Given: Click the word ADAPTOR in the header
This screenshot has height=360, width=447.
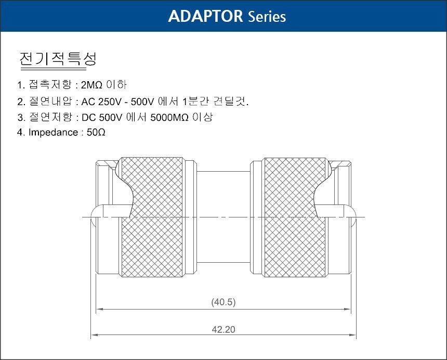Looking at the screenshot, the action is coord(205,16).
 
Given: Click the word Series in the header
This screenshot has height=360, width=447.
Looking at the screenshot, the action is coord(267,17).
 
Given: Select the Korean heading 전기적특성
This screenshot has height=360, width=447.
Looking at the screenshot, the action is coord(58,59).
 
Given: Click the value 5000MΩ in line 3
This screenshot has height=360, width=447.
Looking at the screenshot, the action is coord(169,117).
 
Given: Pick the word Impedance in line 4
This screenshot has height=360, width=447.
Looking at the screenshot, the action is coord(54,133).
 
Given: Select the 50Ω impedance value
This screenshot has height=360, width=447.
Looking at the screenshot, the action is coord(96,132).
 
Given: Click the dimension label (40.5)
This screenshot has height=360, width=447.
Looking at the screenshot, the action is coord(223,302).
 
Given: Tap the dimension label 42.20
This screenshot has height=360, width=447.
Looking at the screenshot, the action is coord(223,329).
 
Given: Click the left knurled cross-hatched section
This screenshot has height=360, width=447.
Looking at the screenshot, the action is coord(152,217).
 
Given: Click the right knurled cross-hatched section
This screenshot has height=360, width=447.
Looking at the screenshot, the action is coord(295,217).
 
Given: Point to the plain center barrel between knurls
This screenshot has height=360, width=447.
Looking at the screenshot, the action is coord(223,217).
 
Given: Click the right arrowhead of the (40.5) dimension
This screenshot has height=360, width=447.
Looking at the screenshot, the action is coord(348,309).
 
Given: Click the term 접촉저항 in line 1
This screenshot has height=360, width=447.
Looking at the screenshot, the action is coord(50,85).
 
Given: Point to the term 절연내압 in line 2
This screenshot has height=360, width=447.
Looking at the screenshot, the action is coord(50,101).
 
